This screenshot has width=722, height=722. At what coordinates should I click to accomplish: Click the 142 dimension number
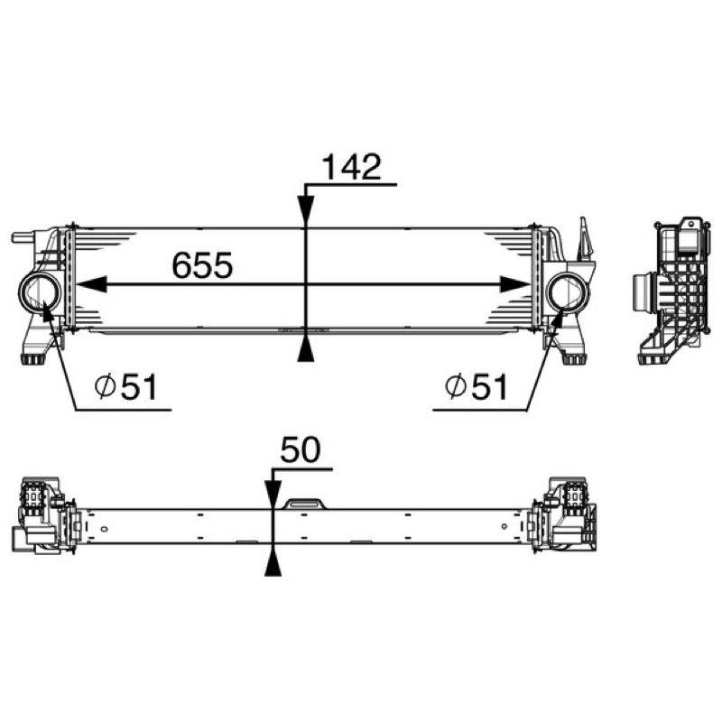[x=352, y=167]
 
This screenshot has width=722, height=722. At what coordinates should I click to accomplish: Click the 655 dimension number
[x=202, y=265]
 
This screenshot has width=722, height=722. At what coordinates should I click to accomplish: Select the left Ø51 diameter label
[x=126, y=387]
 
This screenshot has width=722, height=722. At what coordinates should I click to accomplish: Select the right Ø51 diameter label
[x=477, y=387]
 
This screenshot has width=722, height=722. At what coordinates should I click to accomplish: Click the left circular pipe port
[x=40, y=292]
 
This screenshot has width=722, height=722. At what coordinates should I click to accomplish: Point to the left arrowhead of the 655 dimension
[x=91, y=284]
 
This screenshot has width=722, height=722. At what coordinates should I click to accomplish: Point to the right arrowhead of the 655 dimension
[x=514, y=284]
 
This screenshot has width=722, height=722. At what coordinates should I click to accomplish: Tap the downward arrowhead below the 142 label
[x=306, y=211]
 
